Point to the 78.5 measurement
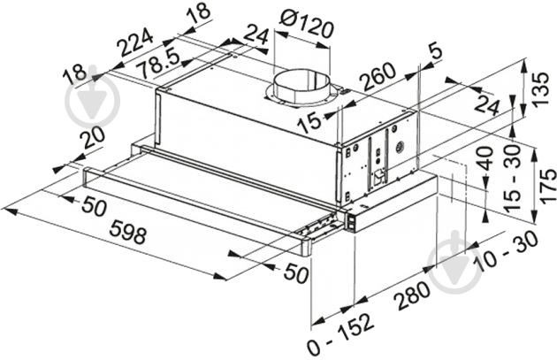tap(159, 64)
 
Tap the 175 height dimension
tap(547, 187)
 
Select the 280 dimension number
tap(413, 295)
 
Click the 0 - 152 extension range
tap(341, 333)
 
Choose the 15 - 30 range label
tap(513, 178)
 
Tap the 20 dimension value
tap(92, 138)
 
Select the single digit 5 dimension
tap(436, 50)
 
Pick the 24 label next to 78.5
tap(256, 34)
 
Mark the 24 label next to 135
tap(487, 104)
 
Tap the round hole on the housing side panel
tap(401, 146)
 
